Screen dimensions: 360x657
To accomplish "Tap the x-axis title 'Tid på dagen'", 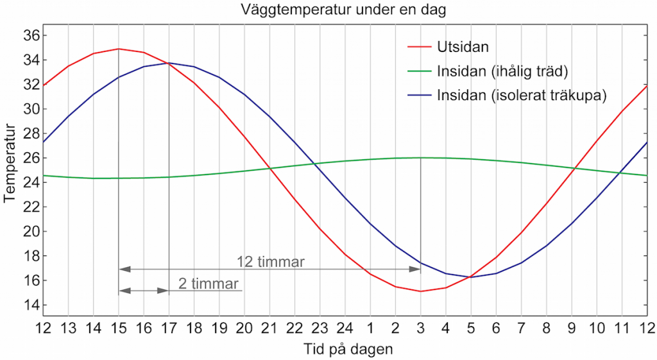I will point(348,350).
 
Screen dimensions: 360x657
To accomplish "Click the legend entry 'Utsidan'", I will point(459,47).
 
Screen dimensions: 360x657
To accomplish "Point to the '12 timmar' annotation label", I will point(270,262).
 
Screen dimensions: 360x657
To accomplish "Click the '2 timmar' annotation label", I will point(209,284).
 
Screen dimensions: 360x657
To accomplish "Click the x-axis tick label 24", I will point(345,328).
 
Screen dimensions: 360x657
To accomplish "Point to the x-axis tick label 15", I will point(119,328).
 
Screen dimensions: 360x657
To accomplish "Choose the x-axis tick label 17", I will point(169,328).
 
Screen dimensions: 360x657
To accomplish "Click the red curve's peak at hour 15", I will point(119,49).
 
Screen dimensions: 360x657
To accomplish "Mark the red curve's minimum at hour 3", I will point(420,291).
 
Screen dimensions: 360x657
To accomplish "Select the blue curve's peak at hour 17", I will point(169,63).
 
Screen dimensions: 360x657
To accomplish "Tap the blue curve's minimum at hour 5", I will point(470,277).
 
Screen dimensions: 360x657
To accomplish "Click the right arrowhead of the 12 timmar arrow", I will point(416,269).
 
